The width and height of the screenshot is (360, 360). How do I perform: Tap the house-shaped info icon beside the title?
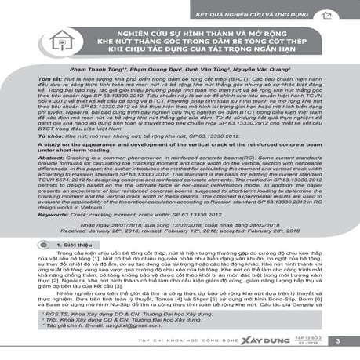pos(32,40)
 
